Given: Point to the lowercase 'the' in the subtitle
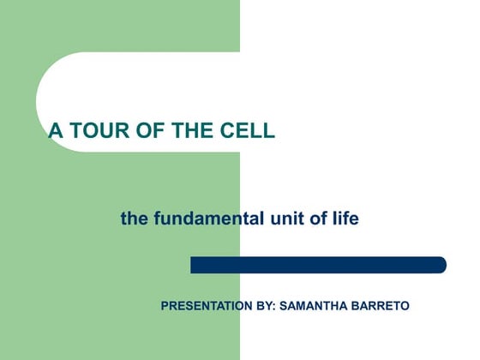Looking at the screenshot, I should point(134,219).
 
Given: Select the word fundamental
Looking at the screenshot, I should point(209,219).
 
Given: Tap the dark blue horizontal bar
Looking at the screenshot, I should point(317,265).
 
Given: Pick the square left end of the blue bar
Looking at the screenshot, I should point(194,265).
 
